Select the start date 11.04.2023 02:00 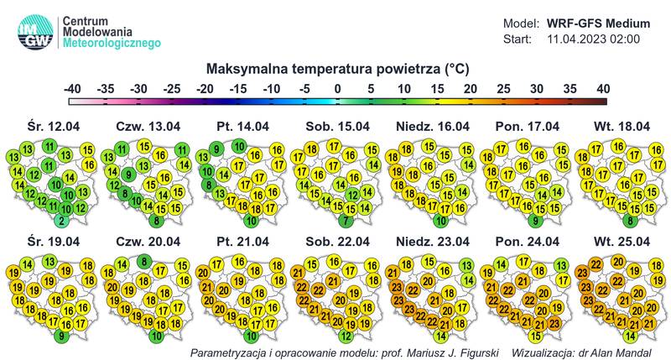coord(593,39)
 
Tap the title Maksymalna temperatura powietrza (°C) coord(335,68)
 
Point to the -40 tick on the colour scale coord(73,88)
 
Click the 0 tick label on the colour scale coord(336,88)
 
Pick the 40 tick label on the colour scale coord(602,88)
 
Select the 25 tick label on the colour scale coord(502,88)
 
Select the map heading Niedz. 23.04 coord(429,242)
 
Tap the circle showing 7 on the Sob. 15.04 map coord(345,221)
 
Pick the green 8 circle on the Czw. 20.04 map coord(144,262)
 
